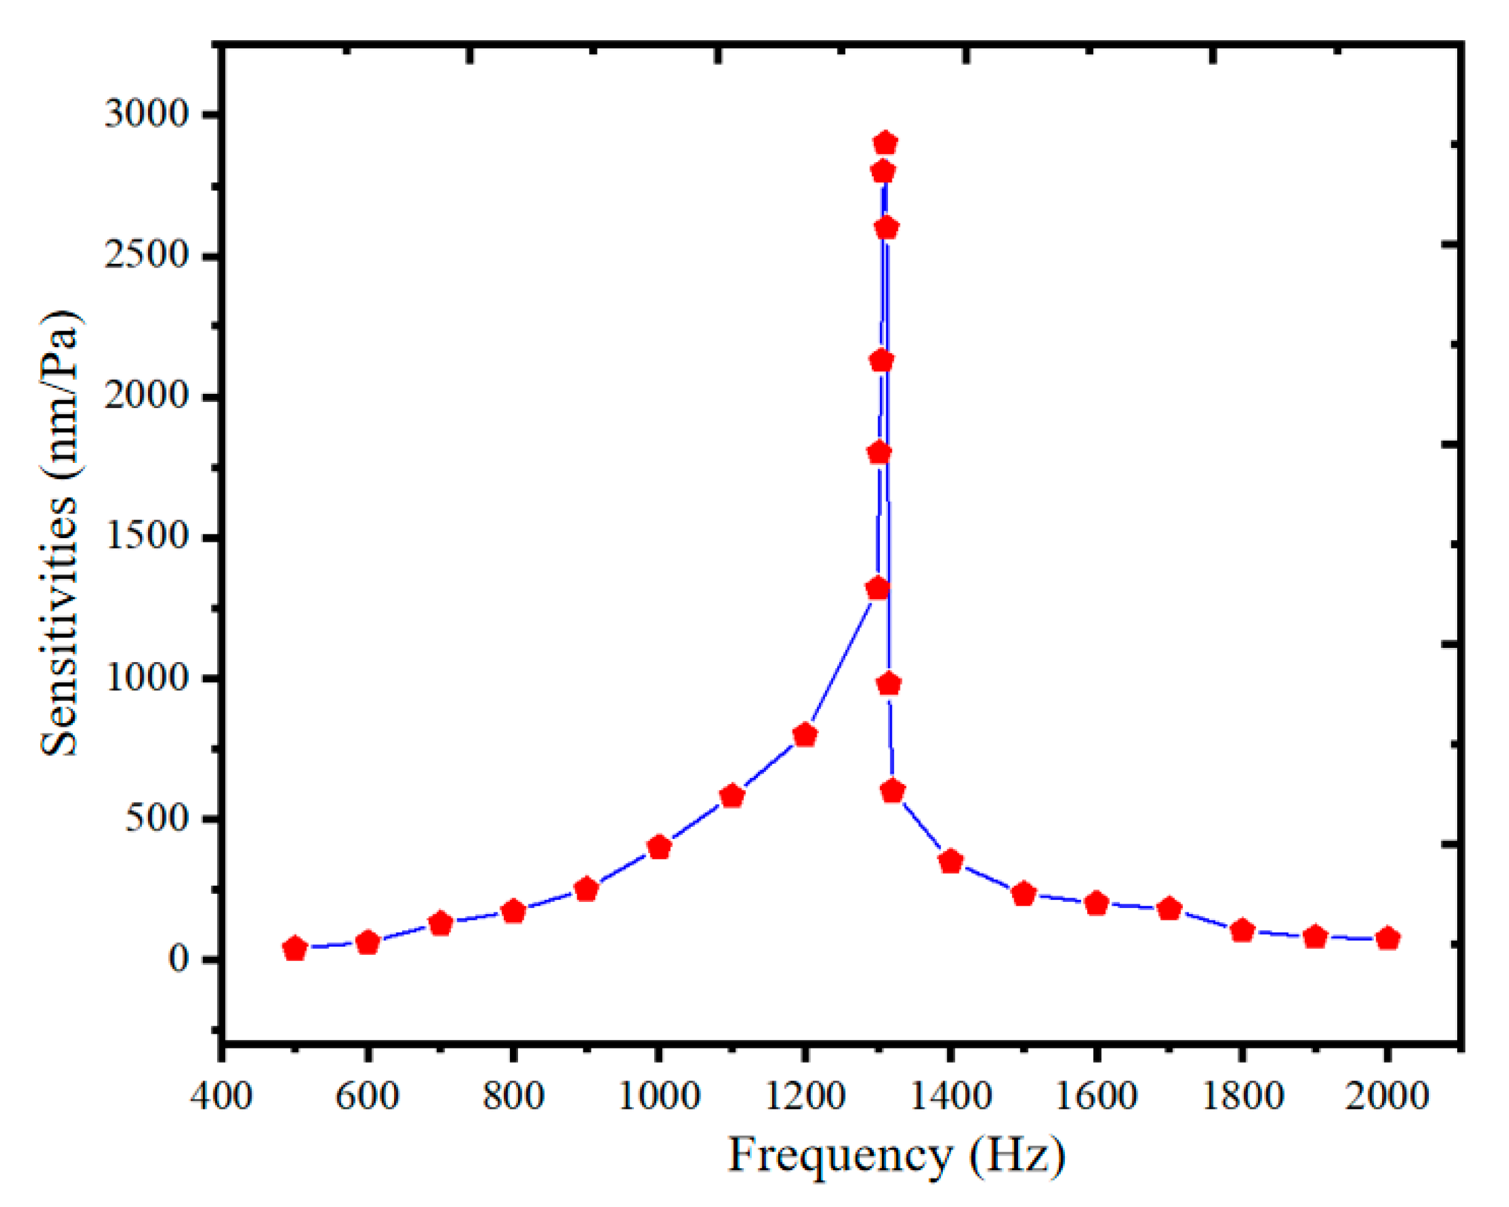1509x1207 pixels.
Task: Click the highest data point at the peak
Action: (x=886, y=143)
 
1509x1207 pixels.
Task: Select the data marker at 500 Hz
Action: (x=295, y=949)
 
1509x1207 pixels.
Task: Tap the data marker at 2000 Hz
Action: (x=1388, y=938)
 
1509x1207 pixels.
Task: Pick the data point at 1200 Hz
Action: (x=805, y=735)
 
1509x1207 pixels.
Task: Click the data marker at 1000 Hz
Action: (x=659, y=848)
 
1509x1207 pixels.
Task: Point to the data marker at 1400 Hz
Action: (x=950, y=861)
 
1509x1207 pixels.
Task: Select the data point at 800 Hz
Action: (x=514, y=911)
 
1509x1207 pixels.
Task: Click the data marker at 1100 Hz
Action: (x=732, y=796)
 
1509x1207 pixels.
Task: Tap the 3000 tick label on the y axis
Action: (x=137, y=113)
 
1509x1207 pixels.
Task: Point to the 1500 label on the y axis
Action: (x=137, y=537)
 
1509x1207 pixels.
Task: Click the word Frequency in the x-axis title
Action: (x=840, y=1156)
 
